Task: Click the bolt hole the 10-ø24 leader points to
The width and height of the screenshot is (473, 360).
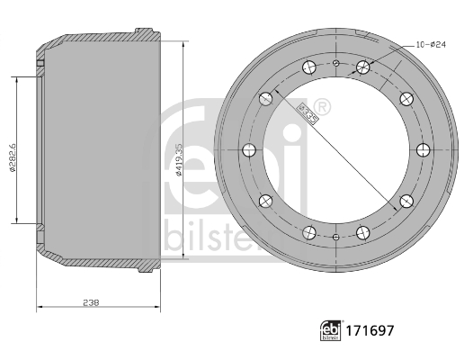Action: tap(363, 66)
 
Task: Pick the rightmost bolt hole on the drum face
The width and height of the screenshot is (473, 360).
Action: tap(423, 150)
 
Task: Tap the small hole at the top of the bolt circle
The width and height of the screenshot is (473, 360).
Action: tap(335, 63)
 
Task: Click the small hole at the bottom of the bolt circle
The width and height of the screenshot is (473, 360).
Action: tap(335, 238)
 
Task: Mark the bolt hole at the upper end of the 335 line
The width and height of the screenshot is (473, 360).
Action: tap(266, 96)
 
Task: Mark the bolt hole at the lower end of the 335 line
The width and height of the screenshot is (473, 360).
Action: tap(406, 201)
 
